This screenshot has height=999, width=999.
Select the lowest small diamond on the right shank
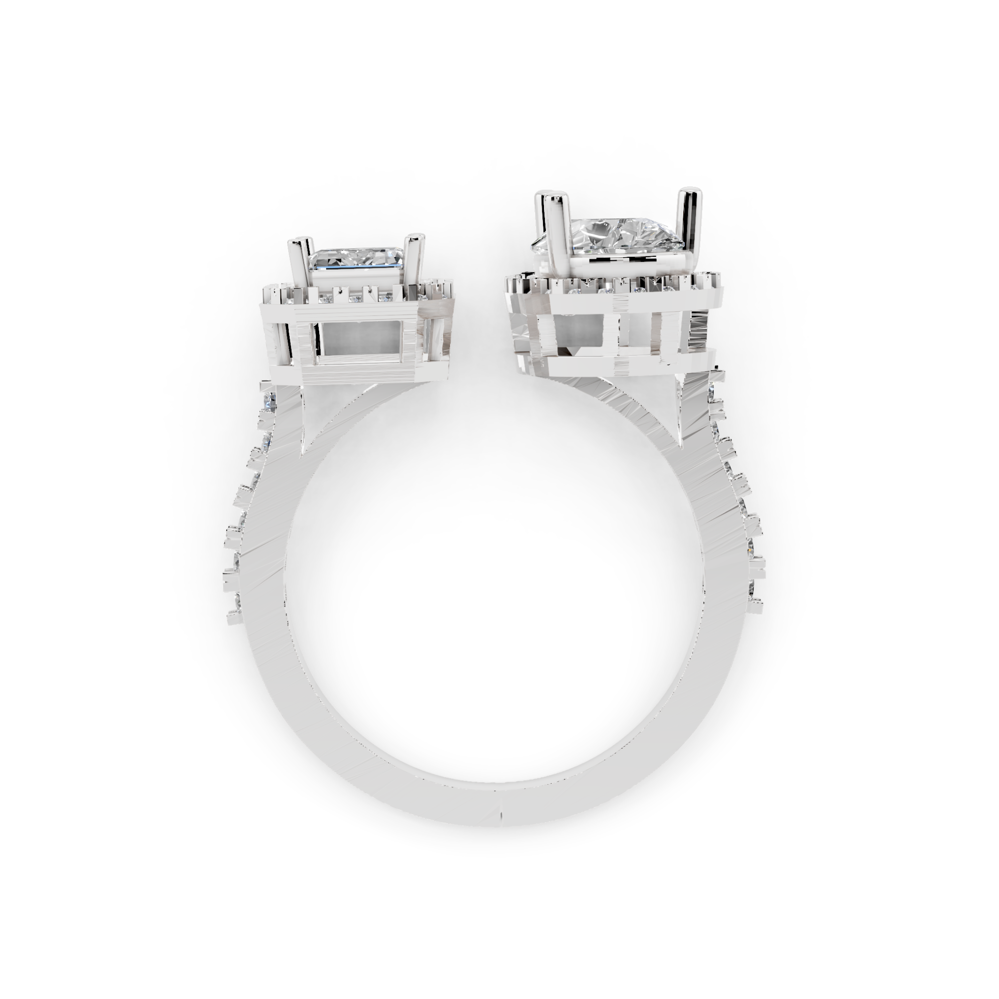(x=753, y=587)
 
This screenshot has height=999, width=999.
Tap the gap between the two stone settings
(x=479, y=321)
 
